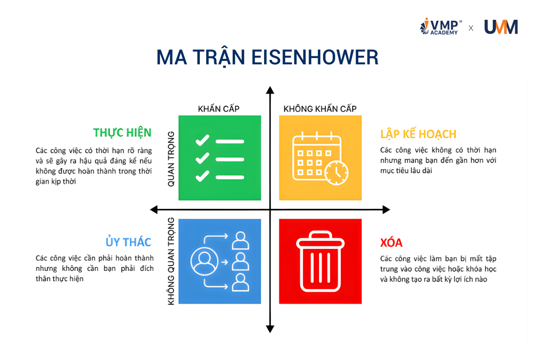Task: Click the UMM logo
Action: (x=501, y=27)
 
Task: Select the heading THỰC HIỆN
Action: (x=122, y=133)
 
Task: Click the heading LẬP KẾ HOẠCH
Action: (x=418, y=134)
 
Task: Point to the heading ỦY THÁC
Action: (x=128, y=242)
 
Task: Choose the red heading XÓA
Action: (x=391, y=243)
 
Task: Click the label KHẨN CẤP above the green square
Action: (x=219, y=109)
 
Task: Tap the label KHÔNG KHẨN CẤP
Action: (x=320, y=109)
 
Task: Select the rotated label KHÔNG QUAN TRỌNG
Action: (x=171, y=261)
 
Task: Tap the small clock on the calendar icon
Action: (x=336, y=172)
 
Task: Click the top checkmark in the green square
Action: (x=202, y=140)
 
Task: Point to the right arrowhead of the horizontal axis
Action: (x=386, y=209)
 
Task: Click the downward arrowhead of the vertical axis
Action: (x=270, y=329)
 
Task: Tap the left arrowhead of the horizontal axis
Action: (x=154, y=209)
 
